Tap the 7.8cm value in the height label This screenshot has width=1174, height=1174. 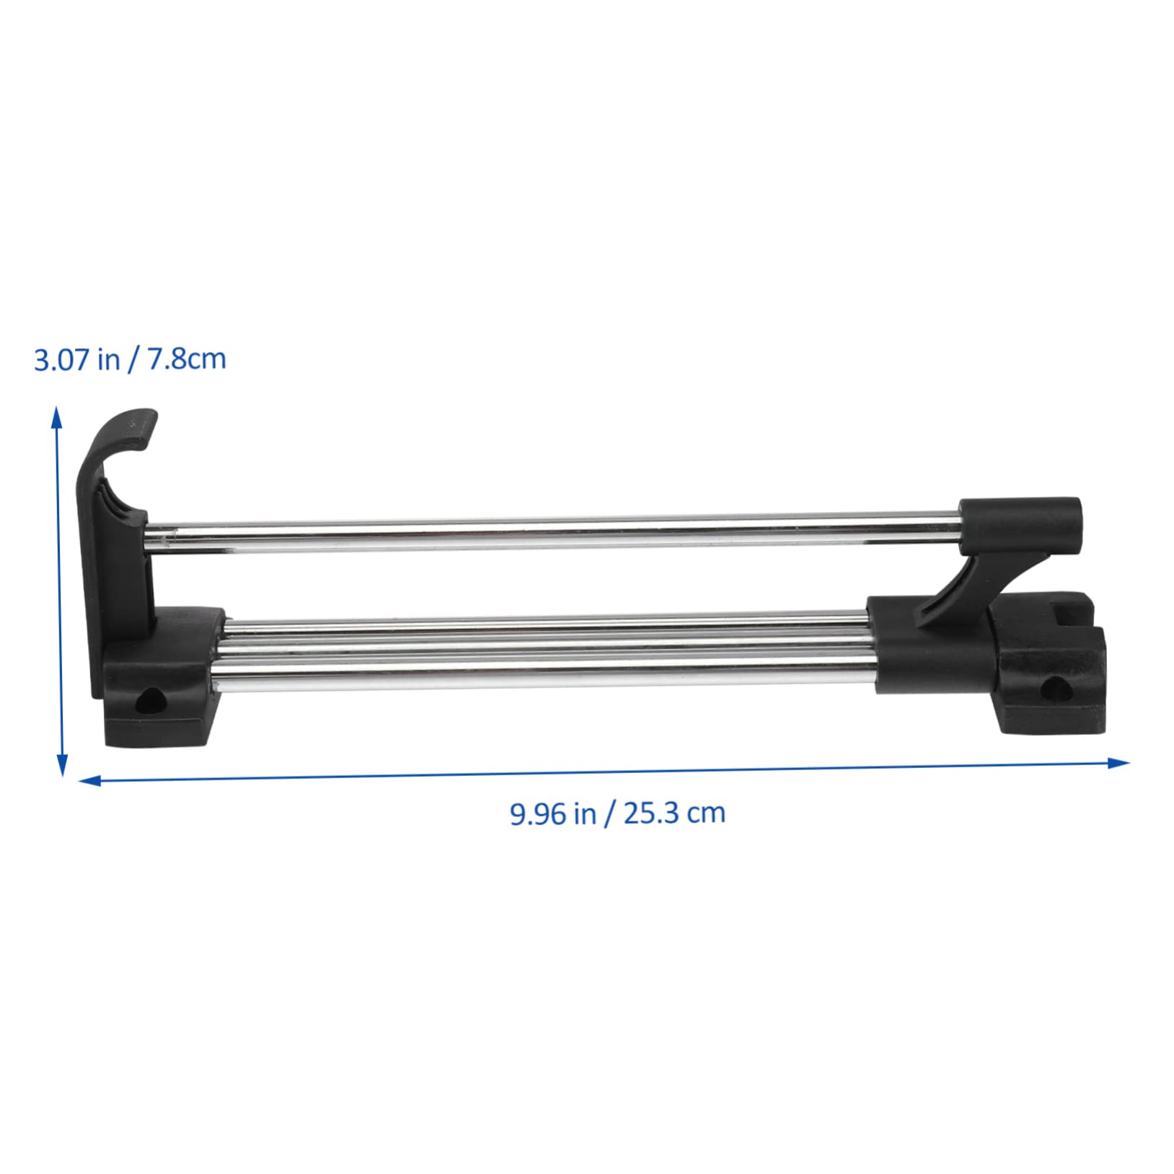187,359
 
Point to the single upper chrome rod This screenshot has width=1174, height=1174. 548,530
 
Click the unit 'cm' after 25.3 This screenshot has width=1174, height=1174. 706,814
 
